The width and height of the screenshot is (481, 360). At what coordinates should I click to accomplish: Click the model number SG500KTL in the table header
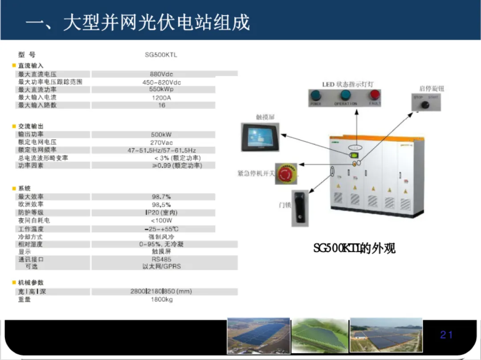pyautogui.click(x=161, y=55)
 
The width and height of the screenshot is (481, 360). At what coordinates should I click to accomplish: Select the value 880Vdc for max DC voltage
pyautogui.click(x=161, y=74)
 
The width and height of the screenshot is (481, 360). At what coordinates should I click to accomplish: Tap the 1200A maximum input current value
pyautogui.click(x=161, y=97)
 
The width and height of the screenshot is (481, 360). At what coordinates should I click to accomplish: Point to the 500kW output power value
pyautogui.click(x=161, y=134)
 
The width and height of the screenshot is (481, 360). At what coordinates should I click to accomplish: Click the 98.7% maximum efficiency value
pyautogui.click(x=161, y=197)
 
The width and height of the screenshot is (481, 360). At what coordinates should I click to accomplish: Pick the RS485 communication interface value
pyautogui.click(x=161, y=259)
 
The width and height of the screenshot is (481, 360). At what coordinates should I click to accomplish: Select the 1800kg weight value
pyautogui.click(x=161, y=299)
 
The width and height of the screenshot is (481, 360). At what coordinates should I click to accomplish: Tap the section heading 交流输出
pyautogui.click(x=31, y=126)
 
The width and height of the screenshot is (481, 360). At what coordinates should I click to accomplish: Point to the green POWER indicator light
pyautogui.click(x=316, y=95)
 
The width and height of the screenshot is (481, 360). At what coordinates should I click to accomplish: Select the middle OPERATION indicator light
pyautogui.click(x=345, y=95)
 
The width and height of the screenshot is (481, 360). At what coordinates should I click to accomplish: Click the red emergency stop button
pyautogui.click(x=285, y=174)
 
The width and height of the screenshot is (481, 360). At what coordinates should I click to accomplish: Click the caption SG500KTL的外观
pyautogui.click(x=354, y=248)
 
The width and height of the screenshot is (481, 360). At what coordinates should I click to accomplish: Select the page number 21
pyautogui.click(x=446, y=335)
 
